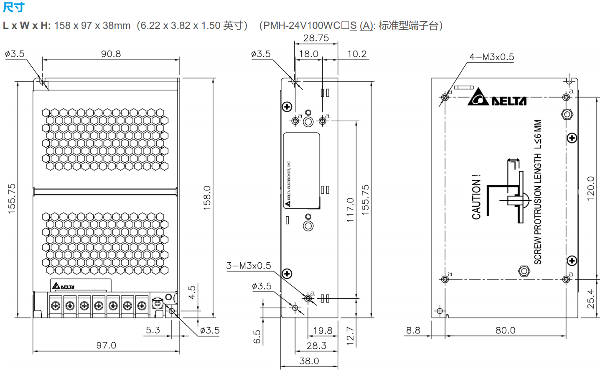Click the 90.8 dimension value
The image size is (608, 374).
111,54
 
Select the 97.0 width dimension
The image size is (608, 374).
106,345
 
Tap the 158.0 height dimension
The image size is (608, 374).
207,197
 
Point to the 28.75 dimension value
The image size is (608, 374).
316,38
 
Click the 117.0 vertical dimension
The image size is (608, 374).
350,210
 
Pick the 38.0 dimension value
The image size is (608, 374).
309,361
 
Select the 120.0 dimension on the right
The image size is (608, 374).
590,189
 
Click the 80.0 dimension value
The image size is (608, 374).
505,330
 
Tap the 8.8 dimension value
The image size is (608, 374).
413,330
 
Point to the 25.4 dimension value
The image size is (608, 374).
590,299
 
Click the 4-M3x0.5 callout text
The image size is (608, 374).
491,57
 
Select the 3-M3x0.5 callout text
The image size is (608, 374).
249,266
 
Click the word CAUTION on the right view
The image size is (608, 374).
476,197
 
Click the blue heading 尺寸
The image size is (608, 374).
13,7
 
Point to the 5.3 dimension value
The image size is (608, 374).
153,330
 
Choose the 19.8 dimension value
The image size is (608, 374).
323,330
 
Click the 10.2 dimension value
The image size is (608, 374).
357,54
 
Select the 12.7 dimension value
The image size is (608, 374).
350,336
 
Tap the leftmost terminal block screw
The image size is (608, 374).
56,306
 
